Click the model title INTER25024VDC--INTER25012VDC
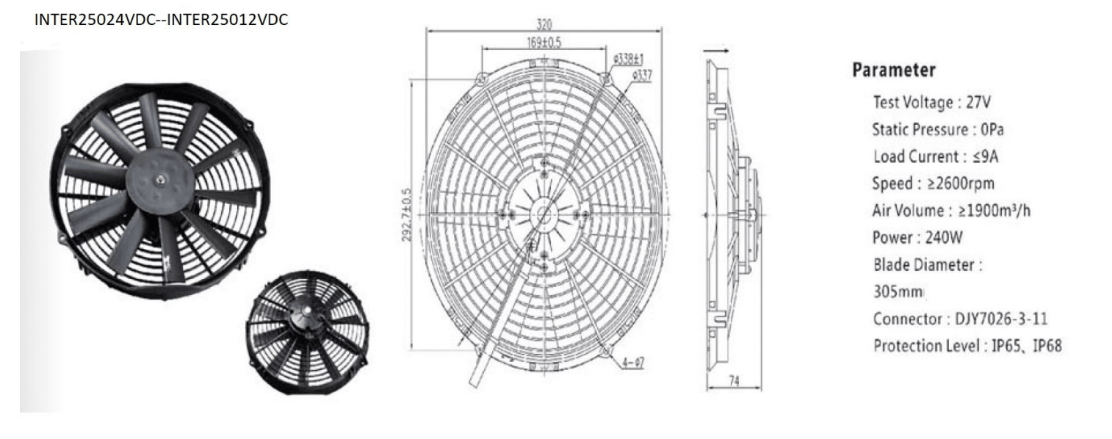pyautogui.click(x=161, y=19)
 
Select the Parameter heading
pyautogui.click(x=894, y=70)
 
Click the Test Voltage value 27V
pyautogui.click(x=978, y=102)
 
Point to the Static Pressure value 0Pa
pyautogui.click(x=992, y=129)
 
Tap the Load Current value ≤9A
pyautogui.click(x=985, y=156)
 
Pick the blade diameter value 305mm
pyautogui.click(x=898, y=291)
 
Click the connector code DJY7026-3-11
pyautogui.click(x=1001, y=319)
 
